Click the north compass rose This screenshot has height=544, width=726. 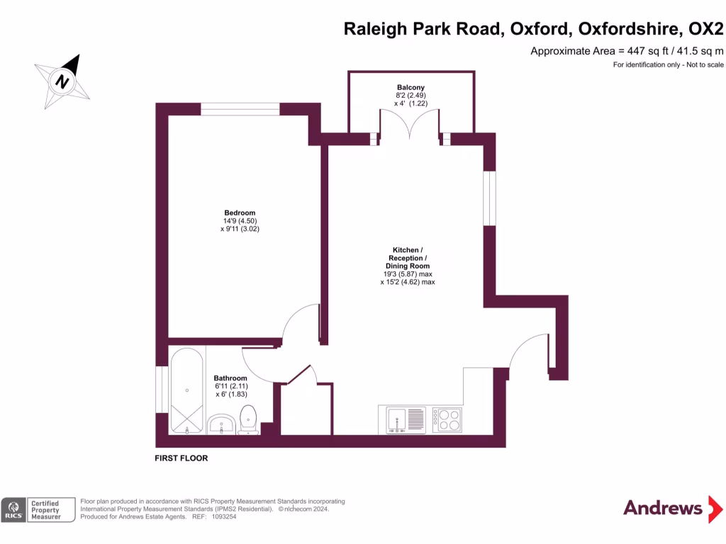click(x=63, y=81)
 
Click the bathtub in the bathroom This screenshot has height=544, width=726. click(x=187, y=391)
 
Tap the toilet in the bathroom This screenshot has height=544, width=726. click(x=248, y=419)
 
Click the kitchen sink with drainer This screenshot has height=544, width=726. click(x=406, y=419)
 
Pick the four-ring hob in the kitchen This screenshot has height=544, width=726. click(x=447, y=419)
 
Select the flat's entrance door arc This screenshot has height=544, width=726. click(x=527, y=351)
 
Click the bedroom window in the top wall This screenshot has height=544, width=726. click(x=240, y=108)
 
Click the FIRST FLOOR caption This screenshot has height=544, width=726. click(x=181, y=458)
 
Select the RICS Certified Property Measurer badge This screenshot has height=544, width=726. click(x=38, y=509)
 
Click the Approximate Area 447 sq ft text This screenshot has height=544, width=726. click(x=627, y=51)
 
